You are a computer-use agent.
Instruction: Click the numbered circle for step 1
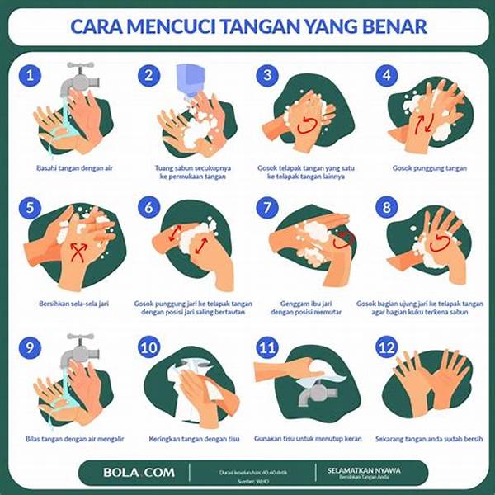(x=31, y=76)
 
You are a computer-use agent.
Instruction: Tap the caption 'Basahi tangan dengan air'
(x=68, y=168)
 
